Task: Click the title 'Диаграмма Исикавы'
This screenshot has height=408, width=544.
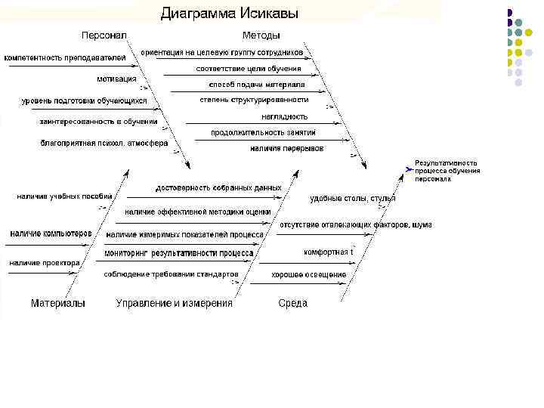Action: [229, 14]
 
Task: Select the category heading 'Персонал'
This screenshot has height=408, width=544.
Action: [104, 36]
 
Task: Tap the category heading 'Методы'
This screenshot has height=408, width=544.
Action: [261, 36]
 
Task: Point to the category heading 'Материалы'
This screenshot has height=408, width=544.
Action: [57, 303]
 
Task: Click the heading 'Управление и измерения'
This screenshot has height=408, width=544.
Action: [174, 303]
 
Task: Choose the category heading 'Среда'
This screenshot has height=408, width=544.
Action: [292, 303]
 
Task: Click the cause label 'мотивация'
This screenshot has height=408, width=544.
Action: [116, 79]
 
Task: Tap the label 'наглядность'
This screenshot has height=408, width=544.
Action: [284, 116]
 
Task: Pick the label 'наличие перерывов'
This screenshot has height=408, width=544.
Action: [286, 148]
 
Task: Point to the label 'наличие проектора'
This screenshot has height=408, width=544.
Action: [45, 263]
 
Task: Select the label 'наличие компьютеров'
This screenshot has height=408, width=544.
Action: [51, 233]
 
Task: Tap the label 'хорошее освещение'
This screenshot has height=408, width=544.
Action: [309, 274]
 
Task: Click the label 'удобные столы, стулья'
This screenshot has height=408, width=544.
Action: [352, 199]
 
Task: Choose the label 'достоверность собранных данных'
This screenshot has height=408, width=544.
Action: [218, 187]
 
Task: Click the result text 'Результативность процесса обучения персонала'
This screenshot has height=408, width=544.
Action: [447, 171]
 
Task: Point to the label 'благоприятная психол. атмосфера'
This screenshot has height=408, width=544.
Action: [104, 142]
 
